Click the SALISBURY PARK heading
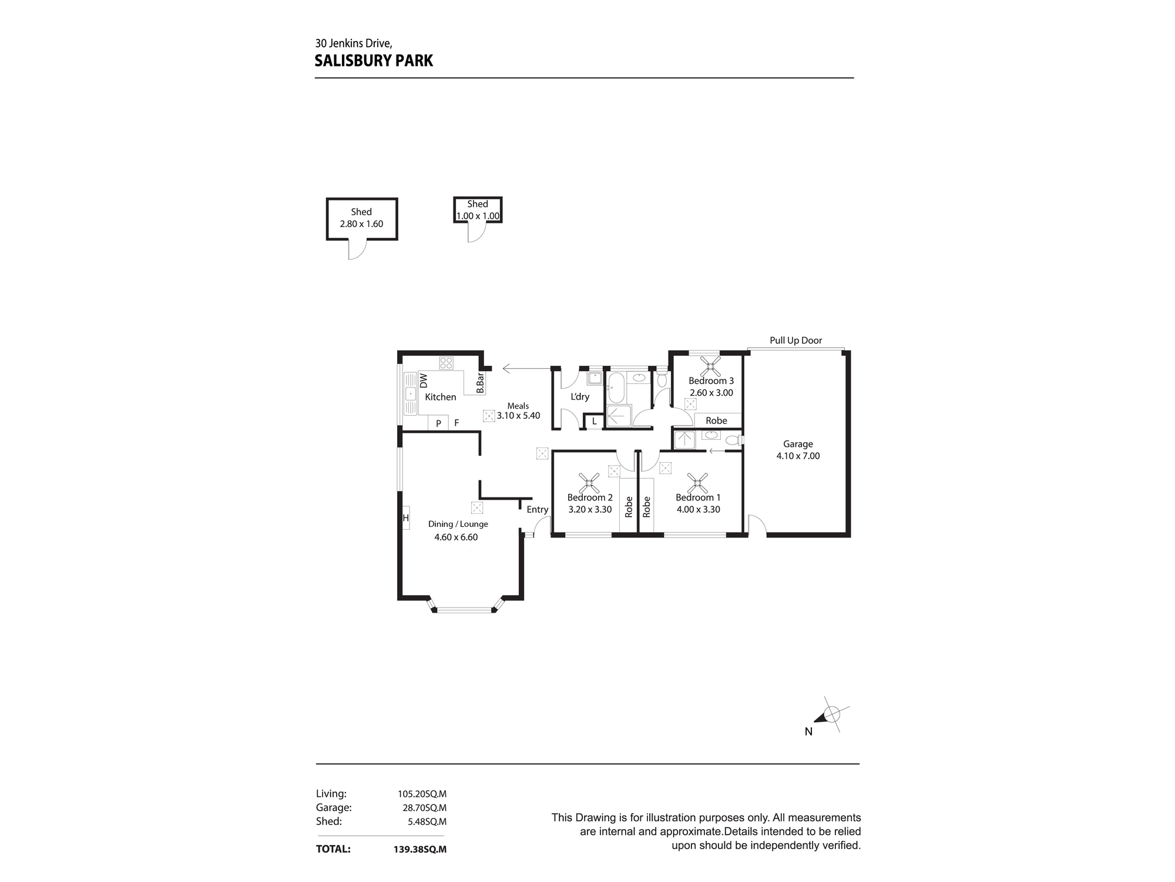(x=374, y=61)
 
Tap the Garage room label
(x=797, y=444)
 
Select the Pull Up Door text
(x=795, y=340)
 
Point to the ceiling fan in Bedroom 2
(x=589, y=483)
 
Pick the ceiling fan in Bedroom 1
(x=697, y=483)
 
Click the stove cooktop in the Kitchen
(x=446, y=363)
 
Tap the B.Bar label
(x=480, y=383)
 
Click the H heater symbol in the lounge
(x=405, y=518)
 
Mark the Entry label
(x=537, y=510)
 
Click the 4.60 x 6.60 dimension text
(x=456, y=537)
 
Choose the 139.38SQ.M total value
(x=419, y=849)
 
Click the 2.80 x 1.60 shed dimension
(x=361, y=224)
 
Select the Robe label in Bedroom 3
(x=716, y=420)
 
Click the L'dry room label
(x=579, y=397)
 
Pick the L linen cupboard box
(x=594, y=421)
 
